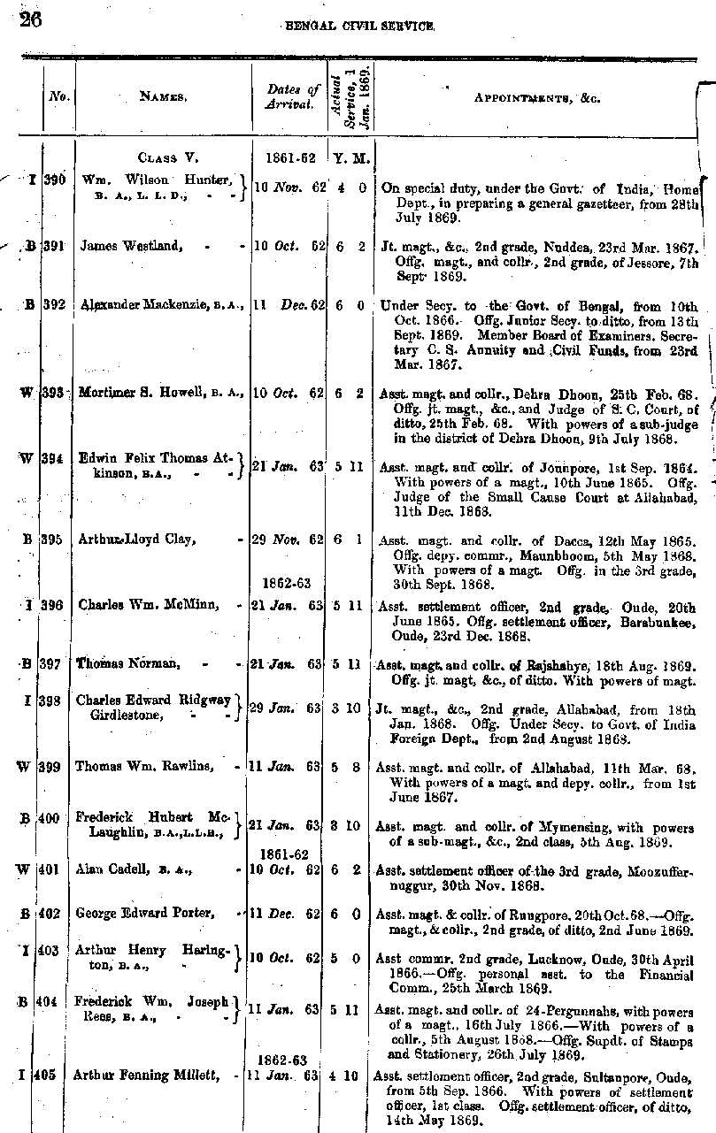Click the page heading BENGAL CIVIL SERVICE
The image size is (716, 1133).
359,27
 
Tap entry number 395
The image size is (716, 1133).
53,539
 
